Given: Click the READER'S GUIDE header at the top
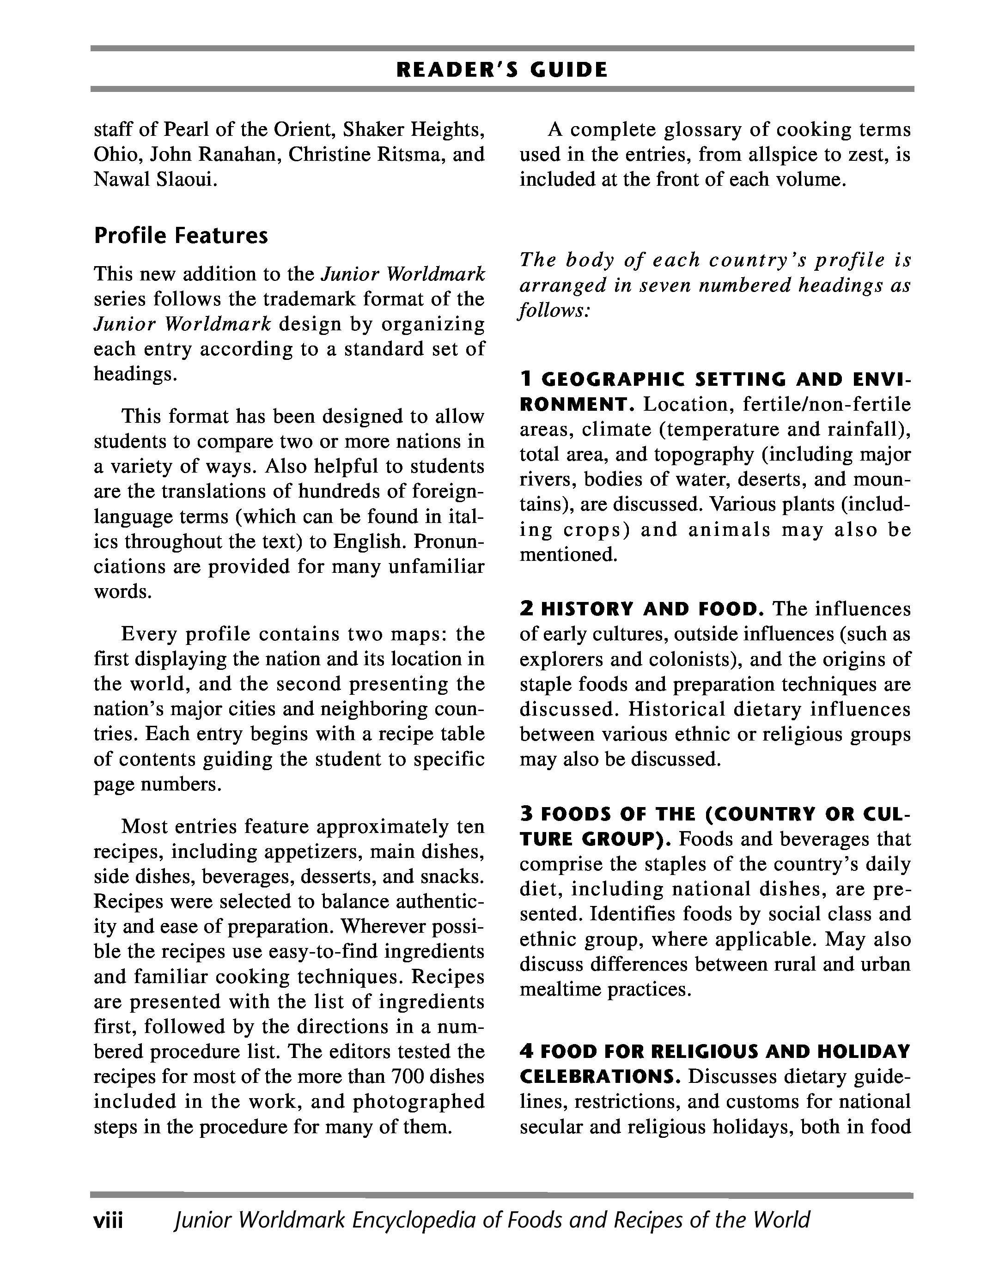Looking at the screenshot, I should pyautogui.click(x=502, y=70).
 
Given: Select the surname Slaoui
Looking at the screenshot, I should pyautogui.click(x=187, y=179).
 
